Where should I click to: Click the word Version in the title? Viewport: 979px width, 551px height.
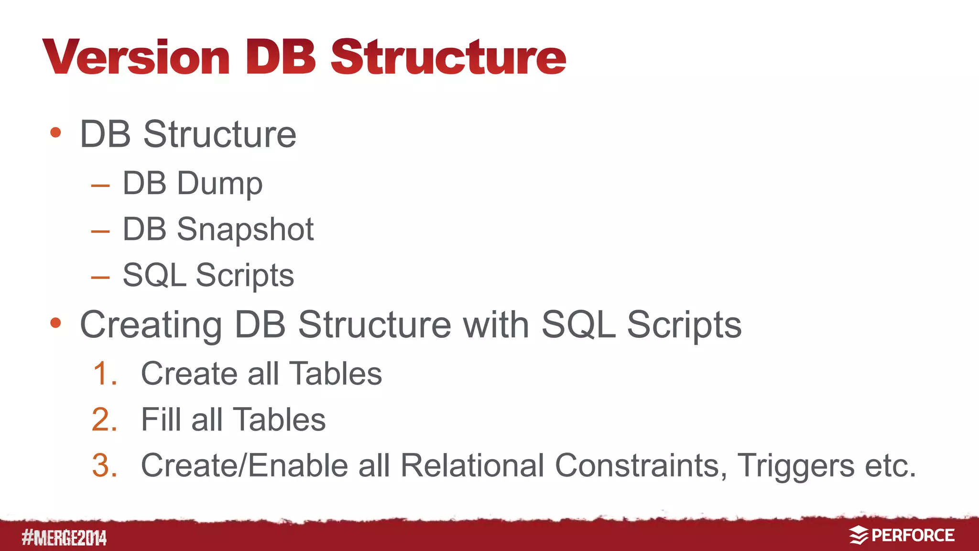pyautogui.click(x=137, y=57)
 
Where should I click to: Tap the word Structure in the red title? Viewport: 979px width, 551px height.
pyautogui.click(x=448, y=57)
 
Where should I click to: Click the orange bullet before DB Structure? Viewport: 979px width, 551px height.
pyautogui.click(x=55, y=132)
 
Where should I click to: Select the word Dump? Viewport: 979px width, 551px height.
pyautogui.click(x=219, y=184)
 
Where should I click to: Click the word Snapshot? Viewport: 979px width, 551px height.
pyautogui.click(x=245, y=230)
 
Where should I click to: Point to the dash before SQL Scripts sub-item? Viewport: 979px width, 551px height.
pyautogui.click(x=100, y=277)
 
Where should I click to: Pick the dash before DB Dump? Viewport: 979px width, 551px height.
pyautogui.click(x=100, y=185)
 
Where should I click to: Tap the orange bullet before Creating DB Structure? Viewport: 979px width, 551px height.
pyautogui.click(x=55, y=323)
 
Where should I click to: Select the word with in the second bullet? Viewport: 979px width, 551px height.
pyautogui.click(x=496, y=324)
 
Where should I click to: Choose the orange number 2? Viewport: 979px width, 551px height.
pyautogui.click(x=105, y=420)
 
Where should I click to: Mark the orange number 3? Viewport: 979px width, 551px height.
pyautogui.click(x=105, y=465)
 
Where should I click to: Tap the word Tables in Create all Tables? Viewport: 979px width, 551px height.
pyautogui.click(x=336, y=373)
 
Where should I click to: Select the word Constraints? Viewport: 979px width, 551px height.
pyautogui.click(x=641, y=465)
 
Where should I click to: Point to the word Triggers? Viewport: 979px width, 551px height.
pyautogui.click(x=795, y=466)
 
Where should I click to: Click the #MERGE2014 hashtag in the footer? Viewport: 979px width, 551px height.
pyautogui.click(x=64, y=538)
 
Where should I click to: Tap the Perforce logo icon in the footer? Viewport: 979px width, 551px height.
pyautogui.click(x=859, y=535)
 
